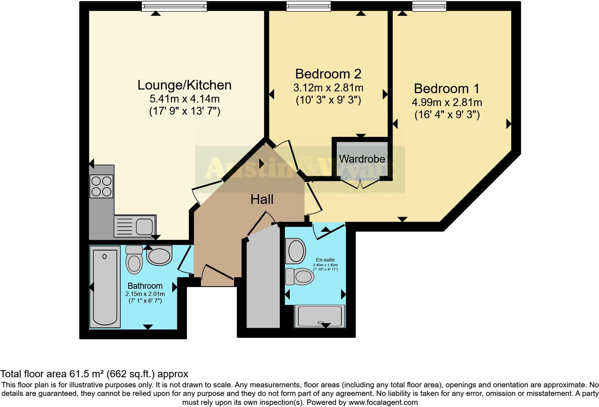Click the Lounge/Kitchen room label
pyautogui.click(x=185, y=85)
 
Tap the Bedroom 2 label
pyautogui.click(x=328, y=74)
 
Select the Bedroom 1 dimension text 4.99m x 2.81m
pyautogui.click(x=447, y=102)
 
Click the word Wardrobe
pyautogui.click(x=362, y=159)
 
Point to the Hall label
pyautogui.click(x=262, y=200)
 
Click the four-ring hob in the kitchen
pyautogui.click(x=101, y=186)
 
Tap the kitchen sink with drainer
pyautogui.click(x=135, y=226)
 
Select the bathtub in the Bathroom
pyautogui.click(x=105, y=287)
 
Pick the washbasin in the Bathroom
pyautogui.click(x=159, y=255)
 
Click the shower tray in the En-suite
pyautogui.click(x=320, y=316)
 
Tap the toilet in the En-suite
pyautogui.click(x=299, y=277)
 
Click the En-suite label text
pyautogui.click(x=325, y=260)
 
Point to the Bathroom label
pyautogui.click(x=145, y=286)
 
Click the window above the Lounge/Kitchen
pyautogui.click(x=174, y=6)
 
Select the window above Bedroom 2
pyautogui.click(x=308, y=6)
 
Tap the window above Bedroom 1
pyautogui.click(x=429, y=6)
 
